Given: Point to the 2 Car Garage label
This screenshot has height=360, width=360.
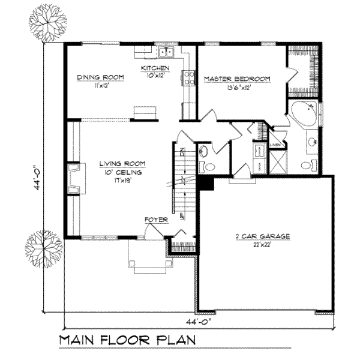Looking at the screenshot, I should coord(262,236).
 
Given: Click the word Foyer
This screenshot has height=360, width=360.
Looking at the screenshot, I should coord(154,220).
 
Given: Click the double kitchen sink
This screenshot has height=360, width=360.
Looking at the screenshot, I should coord(165,51).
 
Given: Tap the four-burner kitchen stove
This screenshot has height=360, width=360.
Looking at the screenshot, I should coord(188,76).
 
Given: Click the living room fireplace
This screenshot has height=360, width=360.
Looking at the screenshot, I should coord(74,179).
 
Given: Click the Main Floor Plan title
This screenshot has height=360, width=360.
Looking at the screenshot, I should coord(128,340).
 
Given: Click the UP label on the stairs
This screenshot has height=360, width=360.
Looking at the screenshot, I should coord(173,212).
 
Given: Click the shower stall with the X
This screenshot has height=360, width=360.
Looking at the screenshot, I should coord(277,161).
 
